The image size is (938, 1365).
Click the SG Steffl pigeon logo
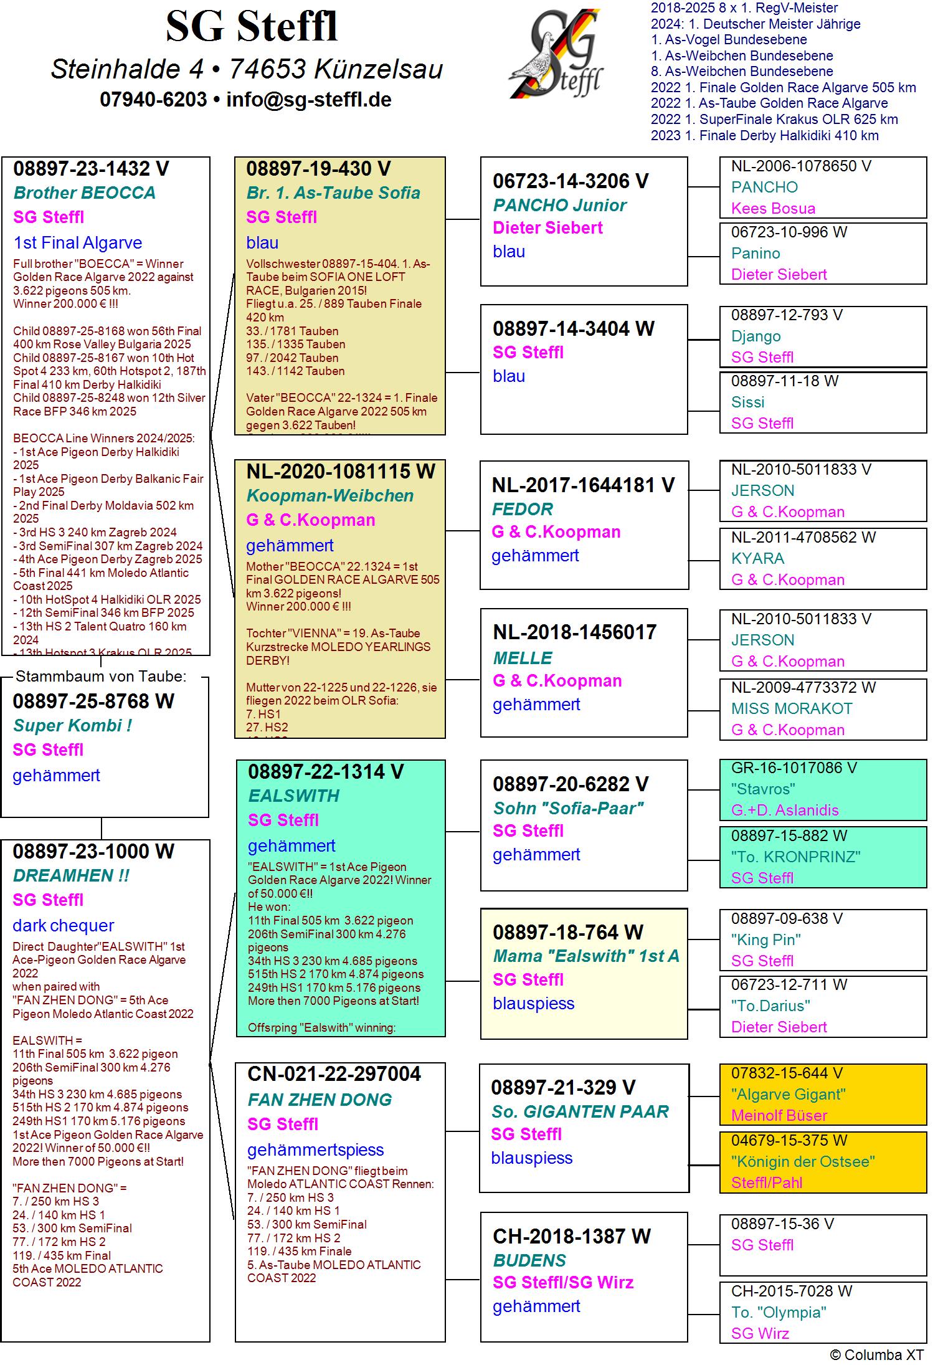[556, 54]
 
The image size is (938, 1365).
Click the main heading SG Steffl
[252, 27]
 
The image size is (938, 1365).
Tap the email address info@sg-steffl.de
[308, 100]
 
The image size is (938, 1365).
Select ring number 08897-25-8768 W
[93, 702]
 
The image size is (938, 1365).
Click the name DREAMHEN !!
[71, 875]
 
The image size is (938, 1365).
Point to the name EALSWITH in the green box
[294, 796]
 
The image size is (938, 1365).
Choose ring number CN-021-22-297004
[334, 1074]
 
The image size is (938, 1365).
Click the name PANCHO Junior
[559, 205]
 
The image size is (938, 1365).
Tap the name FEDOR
[522, 509]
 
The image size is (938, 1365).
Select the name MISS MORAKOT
[791, 708]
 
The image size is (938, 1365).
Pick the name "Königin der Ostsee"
[802, 1161]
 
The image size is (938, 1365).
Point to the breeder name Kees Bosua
[772, 208]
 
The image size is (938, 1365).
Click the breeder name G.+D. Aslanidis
[784, 810]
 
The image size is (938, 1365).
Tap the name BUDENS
[529, 1260]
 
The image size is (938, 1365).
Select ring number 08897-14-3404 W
[573, 329]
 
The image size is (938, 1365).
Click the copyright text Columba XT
[876, 1354]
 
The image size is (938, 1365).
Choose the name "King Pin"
[765, 939]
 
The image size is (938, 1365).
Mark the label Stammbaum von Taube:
[101, 676]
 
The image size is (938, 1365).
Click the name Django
[756, 336]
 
